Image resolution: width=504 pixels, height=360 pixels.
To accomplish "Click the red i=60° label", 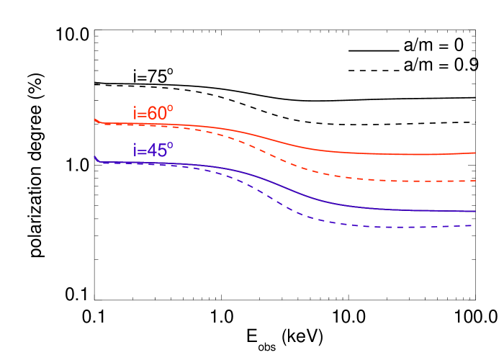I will coord(153,114).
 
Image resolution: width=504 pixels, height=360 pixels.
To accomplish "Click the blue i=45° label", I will coord(153,150).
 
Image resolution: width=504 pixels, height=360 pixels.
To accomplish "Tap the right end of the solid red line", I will coord(475,153).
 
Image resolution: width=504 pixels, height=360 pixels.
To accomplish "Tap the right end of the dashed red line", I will coord(475,181).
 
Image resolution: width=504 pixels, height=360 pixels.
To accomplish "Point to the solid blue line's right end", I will coord(475,212).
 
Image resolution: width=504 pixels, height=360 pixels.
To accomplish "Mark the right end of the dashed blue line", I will coord(472,226).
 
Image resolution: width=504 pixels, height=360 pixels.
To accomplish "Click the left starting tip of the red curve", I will coord(95,120).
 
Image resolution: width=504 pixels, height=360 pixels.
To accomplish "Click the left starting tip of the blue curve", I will coord(95,157).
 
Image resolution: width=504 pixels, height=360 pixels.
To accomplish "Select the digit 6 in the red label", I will coord(152,114).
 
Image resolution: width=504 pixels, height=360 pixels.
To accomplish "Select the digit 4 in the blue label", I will coord(152,151).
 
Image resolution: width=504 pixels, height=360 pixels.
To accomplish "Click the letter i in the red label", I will coord(135,114).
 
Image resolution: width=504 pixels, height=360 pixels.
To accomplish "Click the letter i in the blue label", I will coord(135,150).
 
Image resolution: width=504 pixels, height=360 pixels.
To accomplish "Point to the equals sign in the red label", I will coord(142,115).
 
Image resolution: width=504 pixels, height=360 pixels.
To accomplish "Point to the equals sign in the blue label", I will coord(142,152).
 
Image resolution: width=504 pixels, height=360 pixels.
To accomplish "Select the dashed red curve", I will coord(302,168).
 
